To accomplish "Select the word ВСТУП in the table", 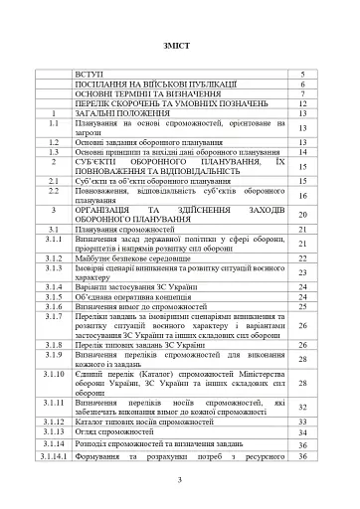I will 88,76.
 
